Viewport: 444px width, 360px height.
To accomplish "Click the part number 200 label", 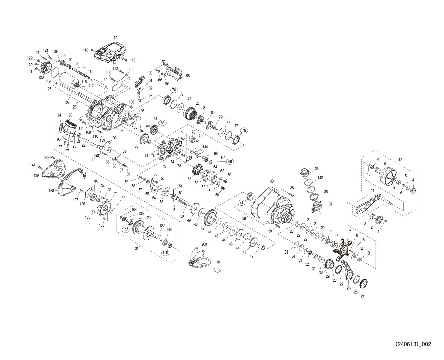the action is (x=204, y=244).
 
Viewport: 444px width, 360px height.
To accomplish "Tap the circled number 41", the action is (x=241, y=203).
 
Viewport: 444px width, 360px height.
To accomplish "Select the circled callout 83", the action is (x=162, y=123).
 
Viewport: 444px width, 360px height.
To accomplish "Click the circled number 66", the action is (x=230, y=162).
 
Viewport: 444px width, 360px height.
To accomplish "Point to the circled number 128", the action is (x=126, y=230).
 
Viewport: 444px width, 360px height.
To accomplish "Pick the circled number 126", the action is (x=165, y=253).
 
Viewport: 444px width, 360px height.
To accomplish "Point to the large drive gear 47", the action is (x=211, y=218).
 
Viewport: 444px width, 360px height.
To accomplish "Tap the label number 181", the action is (x=217, y=262).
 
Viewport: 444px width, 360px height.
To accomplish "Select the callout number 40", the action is (x=272, y=181).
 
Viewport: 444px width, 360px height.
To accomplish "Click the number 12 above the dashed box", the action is (x=400, y=160).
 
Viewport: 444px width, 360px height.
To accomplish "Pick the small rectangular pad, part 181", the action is (x=217, y=270).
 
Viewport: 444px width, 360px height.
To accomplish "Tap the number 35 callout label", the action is (x=317, y=169).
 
